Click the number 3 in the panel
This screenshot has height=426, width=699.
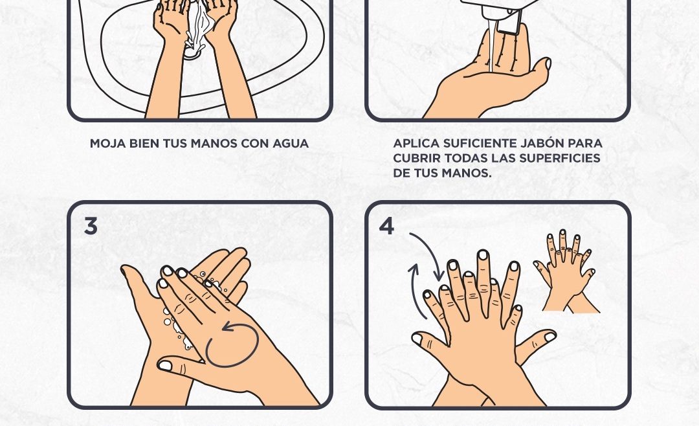91,226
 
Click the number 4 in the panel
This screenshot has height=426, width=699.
386,226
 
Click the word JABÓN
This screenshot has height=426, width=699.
540,143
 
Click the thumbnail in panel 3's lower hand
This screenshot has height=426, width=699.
164,365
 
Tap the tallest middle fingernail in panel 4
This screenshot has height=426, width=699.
483,255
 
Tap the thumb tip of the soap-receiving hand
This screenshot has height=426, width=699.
547,64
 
